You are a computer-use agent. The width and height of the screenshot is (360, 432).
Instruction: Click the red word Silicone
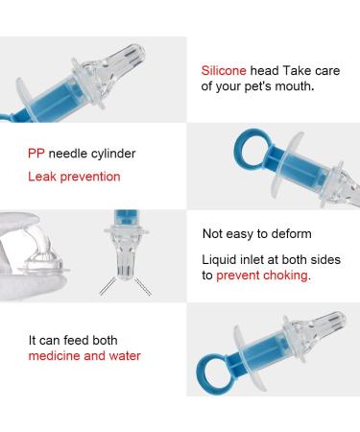224,71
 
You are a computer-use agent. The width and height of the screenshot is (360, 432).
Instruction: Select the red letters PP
36,154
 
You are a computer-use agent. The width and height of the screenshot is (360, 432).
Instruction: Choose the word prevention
90,177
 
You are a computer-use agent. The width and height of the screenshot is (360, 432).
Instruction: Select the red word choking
285,276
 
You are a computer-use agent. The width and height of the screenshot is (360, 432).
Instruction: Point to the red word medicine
54,356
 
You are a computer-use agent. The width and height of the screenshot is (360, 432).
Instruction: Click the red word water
125,356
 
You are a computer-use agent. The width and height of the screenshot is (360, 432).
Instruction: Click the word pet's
258,87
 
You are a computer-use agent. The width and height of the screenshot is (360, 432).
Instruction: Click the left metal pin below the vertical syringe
108,286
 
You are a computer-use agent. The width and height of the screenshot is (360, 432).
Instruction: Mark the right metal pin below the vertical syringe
143,286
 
